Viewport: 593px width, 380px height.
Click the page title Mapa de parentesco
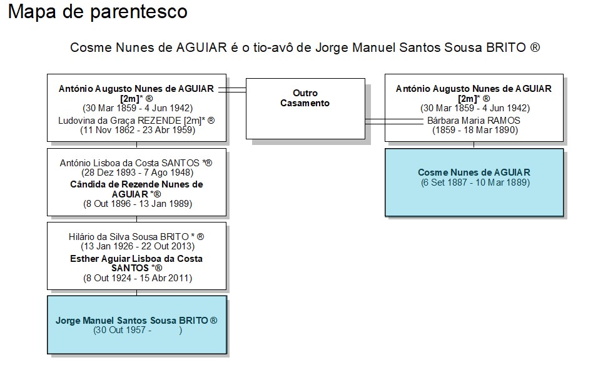tap(98, 12)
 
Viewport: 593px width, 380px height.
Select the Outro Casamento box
tap(305, 109)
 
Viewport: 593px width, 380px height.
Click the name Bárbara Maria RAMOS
tap(474, 121)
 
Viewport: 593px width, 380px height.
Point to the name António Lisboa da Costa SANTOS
tap(129, 163)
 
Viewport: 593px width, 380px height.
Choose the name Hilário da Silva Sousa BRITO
tap(129, 237)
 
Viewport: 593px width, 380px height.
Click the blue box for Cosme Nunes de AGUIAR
tap(474, 182)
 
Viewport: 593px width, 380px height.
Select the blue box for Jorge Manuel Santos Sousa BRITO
tap(137, 325)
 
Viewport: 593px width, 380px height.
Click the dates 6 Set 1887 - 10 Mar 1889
tap(475, 182)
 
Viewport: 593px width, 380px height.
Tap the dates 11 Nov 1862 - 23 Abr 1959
tap(138, 131)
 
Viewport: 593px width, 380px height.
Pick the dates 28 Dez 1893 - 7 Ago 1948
tap(137, 172)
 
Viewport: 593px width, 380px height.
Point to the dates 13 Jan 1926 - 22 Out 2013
tap(138, 246)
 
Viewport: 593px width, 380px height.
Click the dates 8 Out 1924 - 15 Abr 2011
tap(138, 278)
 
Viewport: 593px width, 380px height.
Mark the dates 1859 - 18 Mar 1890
tap(475, 131)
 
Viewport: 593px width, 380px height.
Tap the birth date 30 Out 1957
tap(121, 330)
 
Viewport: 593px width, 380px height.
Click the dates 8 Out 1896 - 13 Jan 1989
tap(138, 204)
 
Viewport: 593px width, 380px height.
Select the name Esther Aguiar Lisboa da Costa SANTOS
tap(136, 263)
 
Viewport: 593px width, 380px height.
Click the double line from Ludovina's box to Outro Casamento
tap(232, 90)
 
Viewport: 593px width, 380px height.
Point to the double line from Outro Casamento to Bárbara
tap(394, 122)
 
